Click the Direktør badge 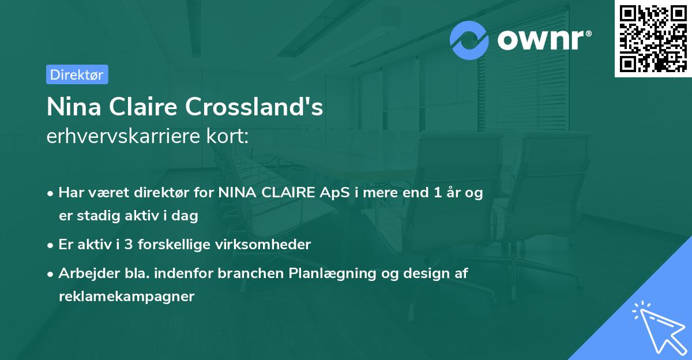tap(77, 74)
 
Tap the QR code tap(653, 38)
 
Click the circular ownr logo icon tap(469, 40)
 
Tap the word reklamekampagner tap(127, 297)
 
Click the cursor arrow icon tap(658, 326)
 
